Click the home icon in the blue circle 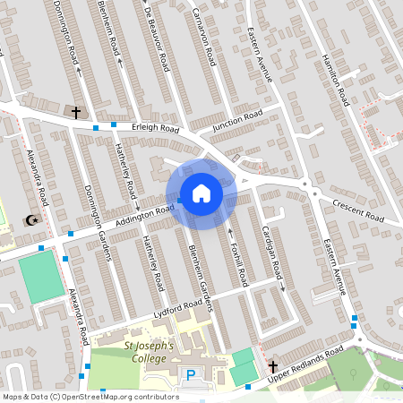[x=201, y=193]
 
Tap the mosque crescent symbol [x=33, y=219]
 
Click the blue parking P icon [x=190, y=374]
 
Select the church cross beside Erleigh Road [x=75, y=113]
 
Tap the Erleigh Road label [x=155, y=129]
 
